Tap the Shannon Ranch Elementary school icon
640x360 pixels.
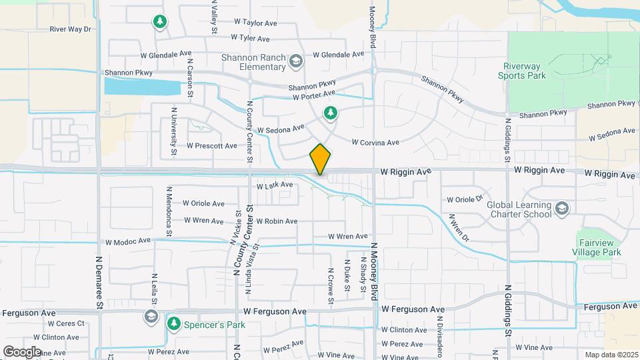295,62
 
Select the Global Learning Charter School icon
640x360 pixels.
562,209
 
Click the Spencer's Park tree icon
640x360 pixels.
174,323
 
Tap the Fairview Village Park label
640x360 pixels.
597,247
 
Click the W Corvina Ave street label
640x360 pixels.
375,142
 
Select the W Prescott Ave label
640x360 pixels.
211,145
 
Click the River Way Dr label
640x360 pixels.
70,29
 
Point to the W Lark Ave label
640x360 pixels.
274,185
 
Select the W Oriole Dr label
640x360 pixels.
465,199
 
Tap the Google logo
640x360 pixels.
22,351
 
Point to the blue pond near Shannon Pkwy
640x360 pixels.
142,87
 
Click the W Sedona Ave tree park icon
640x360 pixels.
330,113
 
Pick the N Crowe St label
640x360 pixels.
331,286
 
